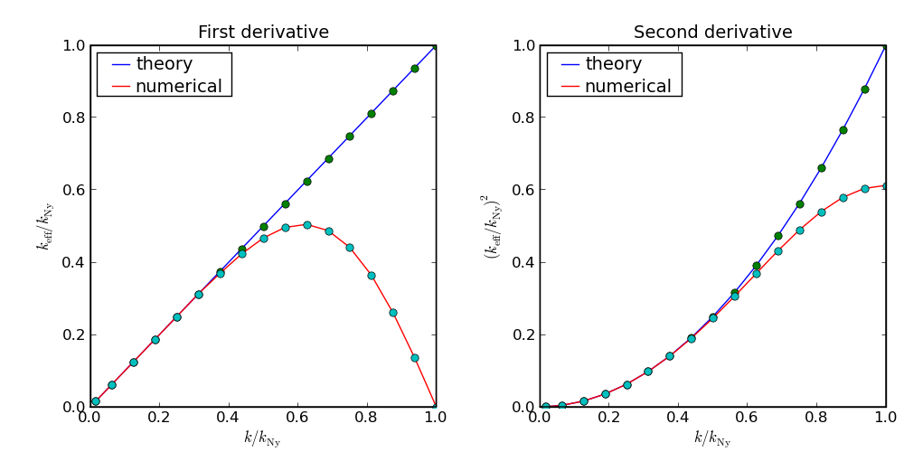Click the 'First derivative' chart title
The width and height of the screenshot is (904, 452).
[263, 33]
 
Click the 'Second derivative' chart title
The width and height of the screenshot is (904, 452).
[712, 33]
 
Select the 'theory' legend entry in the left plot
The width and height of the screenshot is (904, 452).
[164, 64]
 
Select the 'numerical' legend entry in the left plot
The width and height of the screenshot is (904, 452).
[178, 87]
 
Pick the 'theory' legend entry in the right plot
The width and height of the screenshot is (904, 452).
[614, 64]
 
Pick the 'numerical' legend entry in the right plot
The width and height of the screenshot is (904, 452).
[627, 87]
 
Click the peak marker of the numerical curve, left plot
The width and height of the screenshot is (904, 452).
[306, 225]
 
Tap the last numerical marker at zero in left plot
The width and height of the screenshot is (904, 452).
[436, 407]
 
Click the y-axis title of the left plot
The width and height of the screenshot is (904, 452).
[45, 226]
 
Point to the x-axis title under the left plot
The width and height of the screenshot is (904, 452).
[262, 438]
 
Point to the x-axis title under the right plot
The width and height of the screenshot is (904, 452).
[712, 438]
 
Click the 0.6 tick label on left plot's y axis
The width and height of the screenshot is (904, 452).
[74, 190]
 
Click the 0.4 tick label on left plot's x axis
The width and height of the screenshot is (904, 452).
[228, 419]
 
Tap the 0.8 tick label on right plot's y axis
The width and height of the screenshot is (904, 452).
[524, 118]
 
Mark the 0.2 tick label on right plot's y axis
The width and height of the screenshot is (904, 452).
[524, 334]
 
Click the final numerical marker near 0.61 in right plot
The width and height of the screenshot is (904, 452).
[885, 186]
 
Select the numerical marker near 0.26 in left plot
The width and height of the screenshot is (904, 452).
[392, 313]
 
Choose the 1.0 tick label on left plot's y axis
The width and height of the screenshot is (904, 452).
[74, 45]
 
